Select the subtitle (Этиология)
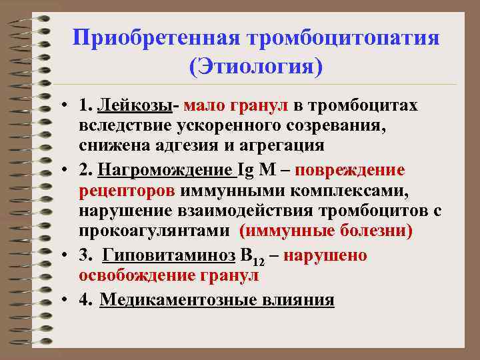256,67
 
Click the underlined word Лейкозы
136,106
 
